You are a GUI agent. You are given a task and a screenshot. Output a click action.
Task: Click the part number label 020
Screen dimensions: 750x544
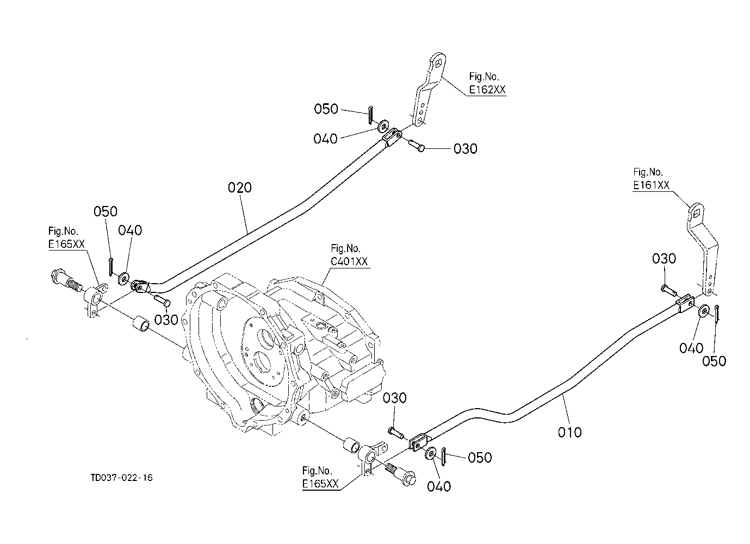tap(239, 187)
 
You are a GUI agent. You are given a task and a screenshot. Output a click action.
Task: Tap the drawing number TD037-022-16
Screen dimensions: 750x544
tap(121, 478)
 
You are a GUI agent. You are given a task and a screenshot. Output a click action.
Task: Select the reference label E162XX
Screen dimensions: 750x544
tap(487, 90)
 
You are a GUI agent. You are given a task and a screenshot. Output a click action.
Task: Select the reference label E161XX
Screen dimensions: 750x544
tap(651, 185)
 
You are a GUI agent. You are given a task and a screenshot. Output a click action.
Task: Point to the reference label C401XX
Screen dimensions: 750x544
tap(349, 261)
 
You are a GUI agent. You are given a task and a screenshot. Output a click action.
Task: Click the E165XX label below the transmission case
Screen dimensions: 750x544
tap(320, 484)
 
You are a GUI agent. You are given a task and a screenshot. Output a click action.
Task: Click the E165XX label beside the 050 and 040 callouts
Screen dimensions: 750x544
tap(67, 244)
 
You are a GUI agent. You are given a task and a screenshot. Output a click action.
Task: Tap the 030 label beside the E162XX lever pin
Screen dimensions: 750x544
tap(466, 149)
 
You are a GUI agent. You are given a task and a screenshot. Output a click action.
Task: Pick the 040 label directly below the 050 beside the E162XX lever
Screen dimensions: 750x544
tap(325, 139)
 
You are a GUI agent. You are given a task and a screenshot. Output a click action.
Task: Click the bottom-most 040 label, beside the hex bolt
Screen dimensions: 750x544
tap(439, 487)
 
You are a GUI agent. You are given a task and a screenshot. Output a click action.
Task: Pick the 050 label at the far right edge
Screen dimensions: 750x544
tap(714, 361)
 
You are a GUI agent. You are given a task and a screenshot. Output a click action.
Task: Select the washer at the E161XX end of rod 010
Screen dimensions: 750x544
tap(703, 311)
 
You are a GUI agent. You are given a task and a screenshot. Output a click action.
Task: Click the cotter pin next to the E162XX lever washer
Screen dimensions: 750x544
tap(370, 115)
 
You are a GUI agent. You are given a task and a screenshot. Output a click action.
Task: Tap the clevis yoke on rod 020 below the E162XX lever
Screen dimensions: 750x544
tap(392, 137)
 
